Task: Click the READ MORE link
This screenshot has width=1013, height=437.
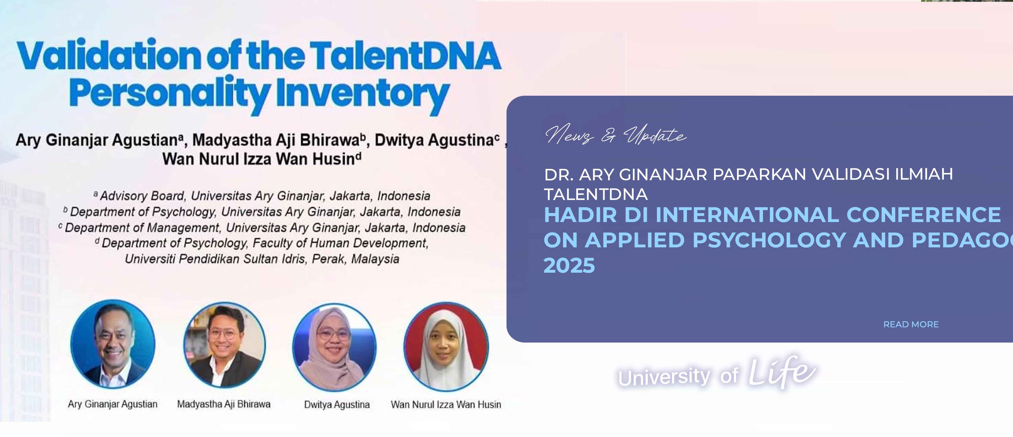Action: (x=911, y=324)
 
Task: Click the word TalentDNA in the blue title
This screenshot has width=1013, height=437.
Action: (x=405, y=56)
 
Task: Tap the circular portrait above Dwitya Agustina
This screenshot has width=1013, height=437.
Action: (x=334, y=347)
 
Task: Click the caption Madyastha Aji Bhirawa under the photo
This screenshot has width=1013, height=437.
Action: (x=224, y=404)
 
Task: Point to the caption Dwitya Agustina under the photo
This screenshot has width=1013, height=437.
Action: (x=337, y=404)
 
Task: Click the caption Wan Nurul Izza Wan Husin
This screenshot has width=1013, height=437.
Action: (x=446, y=404)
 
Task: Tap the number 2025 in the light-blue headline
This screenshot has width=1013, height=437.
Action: (x=569, y=265)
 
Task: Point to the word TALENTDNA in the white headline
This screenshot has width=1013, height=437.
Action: (x=596, y=194)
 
